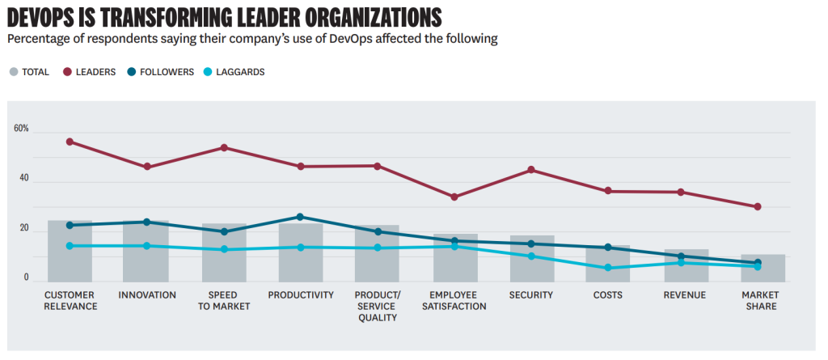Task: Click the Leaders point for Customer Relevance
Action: (70, 142)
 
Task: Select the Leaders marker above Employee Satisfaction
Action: (454, 197)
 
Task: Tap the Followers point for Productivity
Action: (300, 217)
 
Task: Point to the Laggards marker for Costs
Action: (608, 268)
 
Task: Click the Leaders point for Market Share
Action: (758, 206)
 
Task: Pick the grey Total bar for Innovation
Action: (146, 251)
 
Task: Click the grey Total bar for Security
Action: (532, 259)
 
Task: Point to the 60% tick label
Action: (21, 129)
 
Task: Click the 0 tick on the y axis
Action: (26, 277)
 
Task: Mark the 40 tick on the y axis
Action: (23, 179)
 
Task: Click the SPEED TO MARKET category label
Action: (224, 300)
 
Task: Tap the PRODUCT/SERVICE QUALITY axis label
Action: (378, 306)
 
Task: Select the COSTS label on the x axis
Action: (608, 295)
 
